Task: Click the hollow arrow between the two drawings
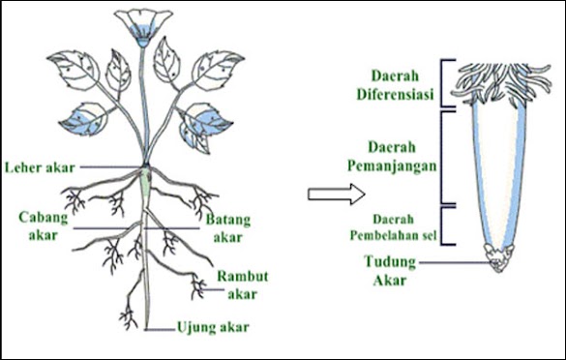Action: point(325,193)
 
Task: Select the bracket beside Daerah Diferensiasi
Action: point(444,83)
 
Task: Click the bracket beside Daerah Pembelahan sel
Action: point(444,225)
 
